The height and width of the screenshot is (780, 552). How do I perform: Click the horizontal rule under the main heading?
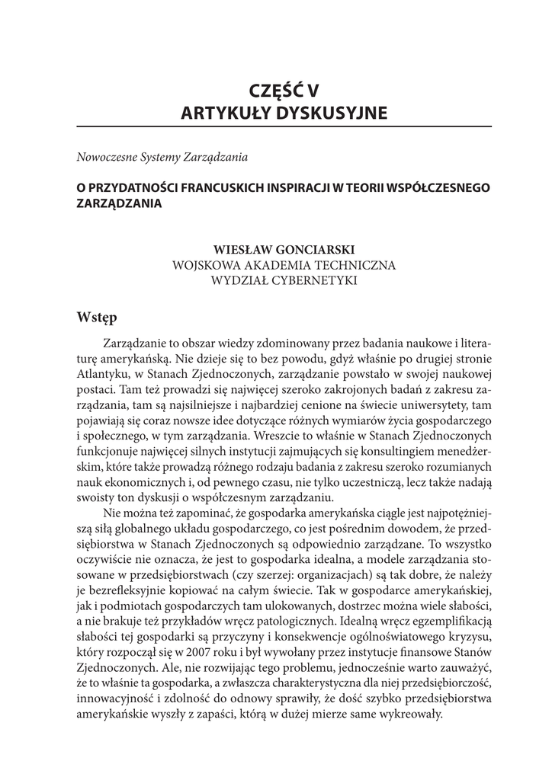tap(283, 126)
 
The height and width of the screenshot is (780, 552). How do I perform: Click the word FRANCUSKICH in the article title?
tap(209, 188)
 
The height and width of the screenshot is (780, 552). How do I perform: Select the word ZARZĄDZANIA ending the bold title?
tap(120, 204)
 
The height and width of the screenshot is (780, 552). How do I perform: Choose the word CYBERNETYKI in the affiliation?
tap(314, 280)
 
